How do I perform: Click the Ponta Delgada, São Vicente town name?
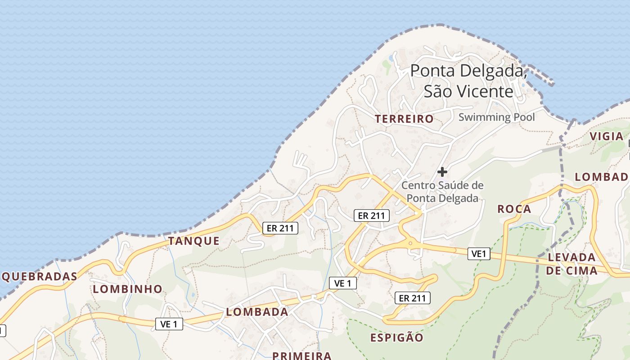[x=468, y=81]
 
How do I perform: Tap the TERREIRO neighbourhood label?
[x=404, y=119]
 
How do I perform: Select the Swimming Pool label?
[x=497, y=117]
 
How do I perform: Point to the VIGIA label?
[x=607, y=136]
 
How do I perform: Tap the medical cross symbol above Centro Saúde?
[x=442, y=171]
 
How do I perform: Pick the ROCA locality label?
[x=514, y=209]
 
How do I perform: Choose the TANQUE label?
[x=194, y=241]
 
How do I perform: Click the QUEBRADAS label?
[x=39, y=276]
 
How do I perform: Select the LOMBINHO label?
[x=127, y=289]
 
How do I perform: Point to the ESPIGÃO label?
[x=397, y=337]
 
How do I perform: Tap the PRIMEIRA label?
[x=302, y=355]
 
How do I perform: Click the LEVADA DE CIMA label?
[x=571, y=264]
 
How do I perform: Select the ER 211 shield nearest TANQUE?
[x=280, y=228]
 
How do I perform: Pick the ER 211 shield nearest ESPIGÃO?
[x=412, y=297]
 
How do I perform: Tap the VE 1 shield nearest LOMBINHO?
[x=169, y=324]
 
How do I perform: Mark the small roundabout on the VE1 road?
[x=410, y=243]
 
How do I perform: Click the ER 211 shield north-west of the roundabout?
[x=371, y=216]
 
